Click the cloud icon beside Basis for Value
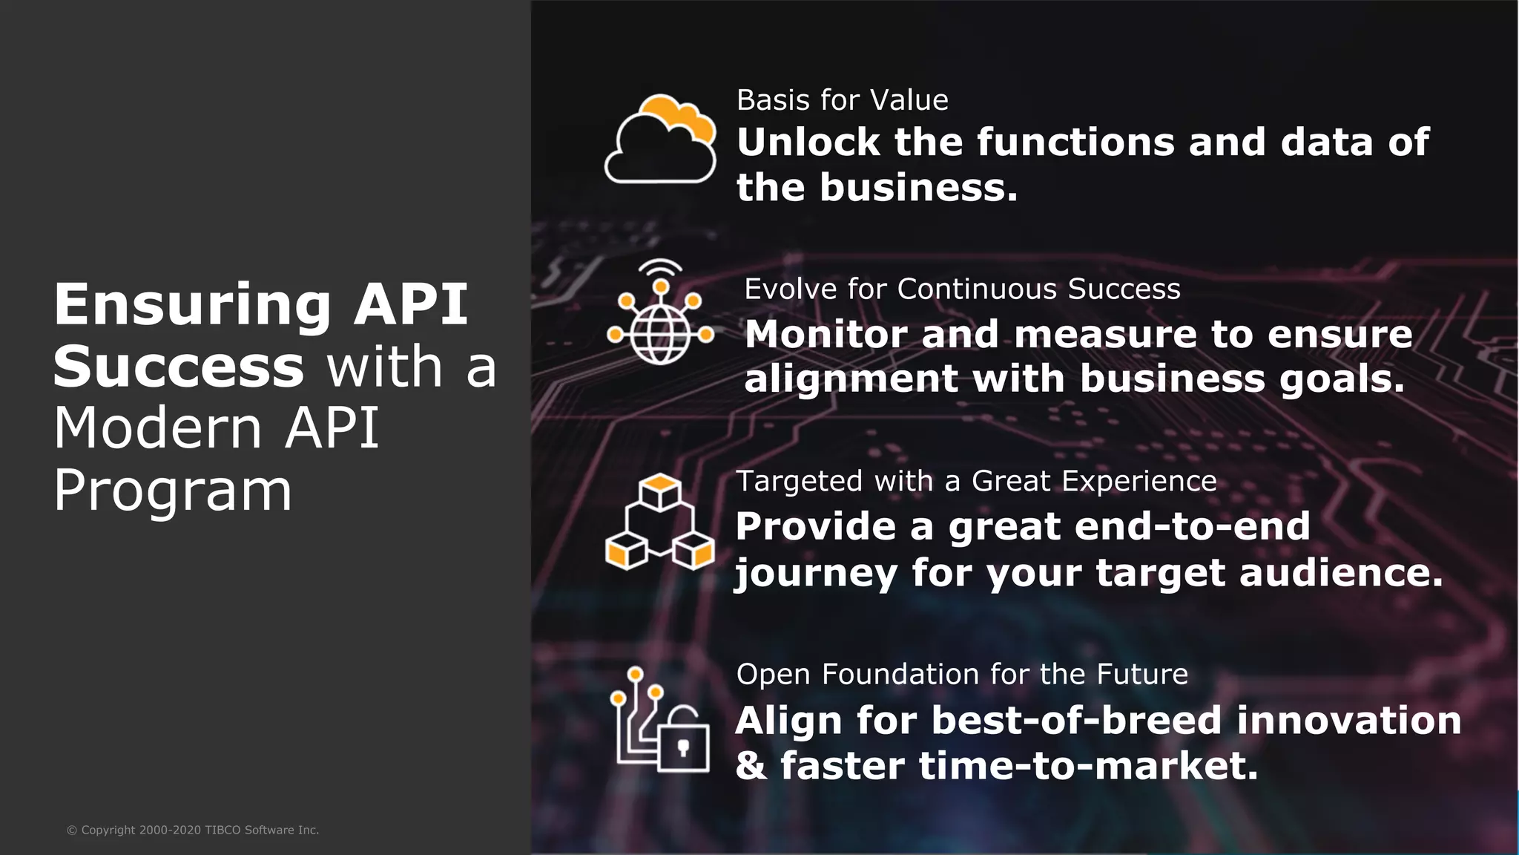659,140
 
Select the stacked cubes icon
659,523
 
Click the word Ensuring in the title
192,304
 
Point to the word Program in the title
172,491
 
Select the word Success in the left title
179,367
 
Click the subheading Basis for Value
842,100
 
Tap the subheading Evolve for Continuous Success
962,289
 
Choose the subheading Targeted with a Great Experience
975,481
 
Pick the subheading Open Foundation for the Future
962,674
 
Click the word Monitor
826,334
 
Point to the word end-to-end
1192,526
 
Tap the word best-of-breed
1075,721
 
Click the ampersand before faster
751,765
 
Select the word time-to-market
1088,765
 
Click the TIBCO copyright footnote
193,830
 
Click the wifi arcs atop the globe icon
660,266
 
